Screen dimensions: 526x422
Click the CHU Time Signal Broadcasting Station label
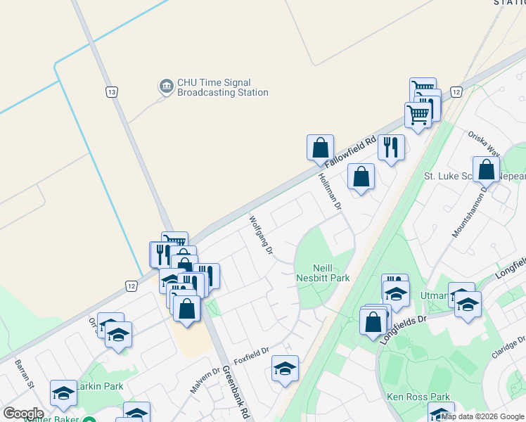point(222,87)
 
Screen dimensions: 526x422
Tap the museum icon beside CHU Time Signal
point(167,87)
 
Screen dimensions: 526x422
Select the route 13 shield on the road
point(111,92)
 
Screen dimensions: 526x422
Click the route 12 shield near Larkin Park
point(131,286)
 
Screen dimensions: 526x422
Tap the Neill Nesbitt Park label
point(321,273)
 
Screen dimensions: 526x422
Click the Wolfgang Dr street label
point(260,236)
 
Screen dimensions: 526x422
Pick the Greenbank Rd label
point(236,392)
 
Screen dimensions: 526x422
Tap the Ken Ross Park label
point(418,397)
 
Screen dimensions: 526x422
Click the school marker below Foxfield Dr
point(285,369)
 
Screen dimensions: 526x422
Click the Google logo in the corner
point(23,414)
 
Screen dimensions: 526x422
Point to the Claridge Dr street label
point(507,345)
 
